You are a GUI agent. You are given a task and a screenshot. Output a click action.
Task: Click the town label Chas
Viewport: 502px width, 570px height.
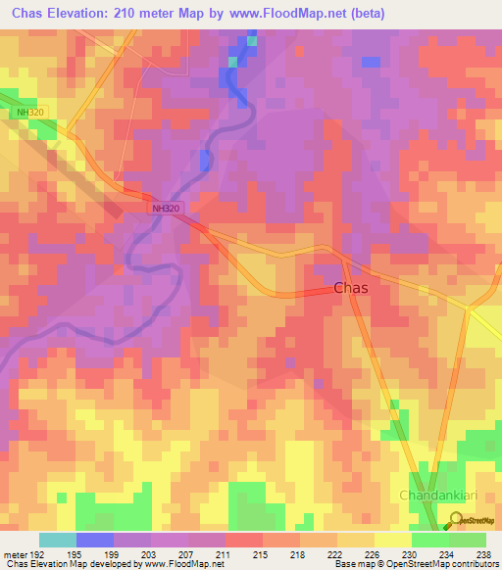(x=351, y=288)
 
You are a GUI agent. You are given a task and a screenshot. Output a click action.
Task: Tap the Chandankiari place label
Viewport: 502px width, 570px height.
(x=438, y=496)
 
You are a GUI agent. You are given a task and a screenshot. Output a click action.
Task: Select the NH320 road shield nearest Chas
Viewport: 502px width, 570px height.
(x=167, y=209)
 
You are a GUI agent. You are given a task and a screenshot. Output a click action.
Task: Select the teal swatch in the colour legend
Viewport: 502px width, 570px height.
(x=58, y=540)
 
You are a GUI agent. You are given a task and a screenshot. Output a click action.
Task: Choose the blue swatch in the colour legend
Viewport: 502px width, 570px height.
(x=95, y=540)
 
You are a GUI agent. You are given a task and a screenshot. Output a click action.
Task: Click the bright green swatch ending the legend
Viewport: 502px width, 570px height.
(x=468, y=540)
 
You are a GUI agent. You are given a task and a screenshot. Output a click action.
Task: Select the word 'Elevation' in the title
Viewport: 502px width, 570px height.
(x=83, y=14)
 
